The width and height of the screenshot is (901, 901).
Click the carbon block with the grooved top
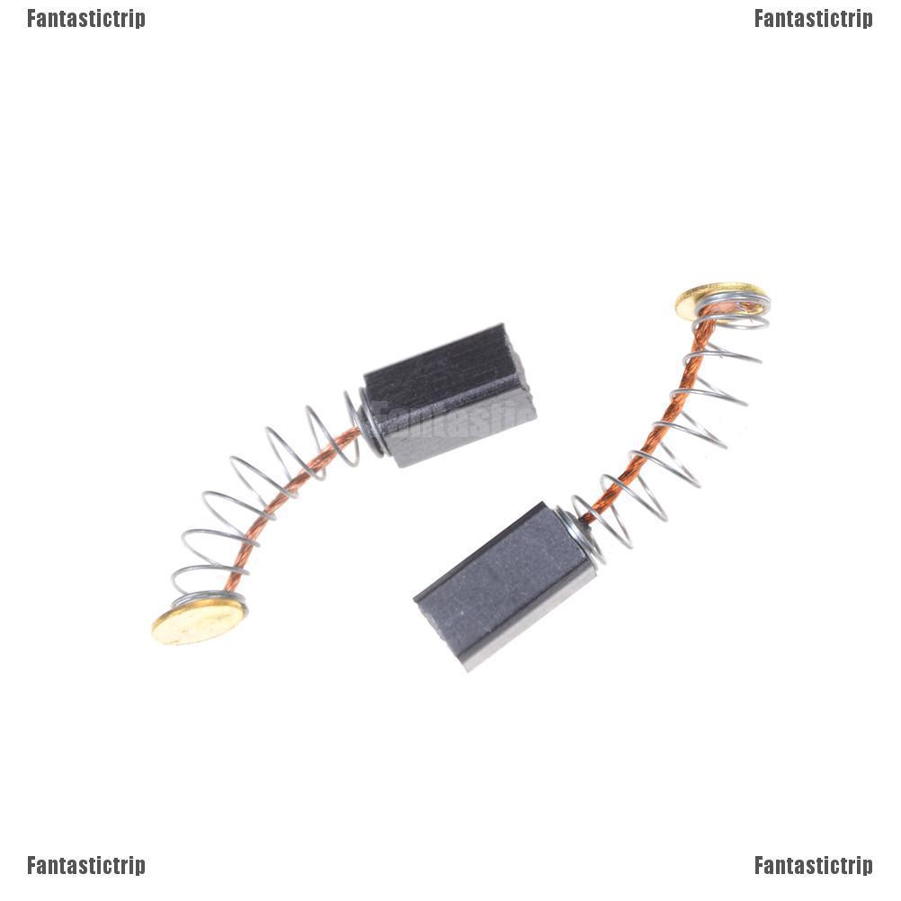450,396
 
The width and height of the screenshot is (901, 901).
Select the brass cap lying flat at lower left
198,621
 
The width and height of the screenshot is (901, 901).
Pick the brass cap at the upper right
710,300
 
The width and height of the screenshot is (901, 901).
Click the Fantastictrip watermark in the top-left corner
85,18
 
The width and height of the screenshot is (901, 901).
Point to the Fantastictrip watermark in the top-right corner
813,18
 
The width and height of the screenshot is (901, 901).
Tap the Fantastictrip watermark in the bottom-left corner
85,865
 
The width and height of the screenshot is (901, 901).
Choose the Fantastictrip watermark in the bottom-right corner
813,865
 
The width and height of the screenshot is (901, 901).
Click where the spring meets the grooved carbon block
369,427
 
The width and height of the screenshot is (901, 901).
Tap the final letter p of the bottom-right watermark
867,867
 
